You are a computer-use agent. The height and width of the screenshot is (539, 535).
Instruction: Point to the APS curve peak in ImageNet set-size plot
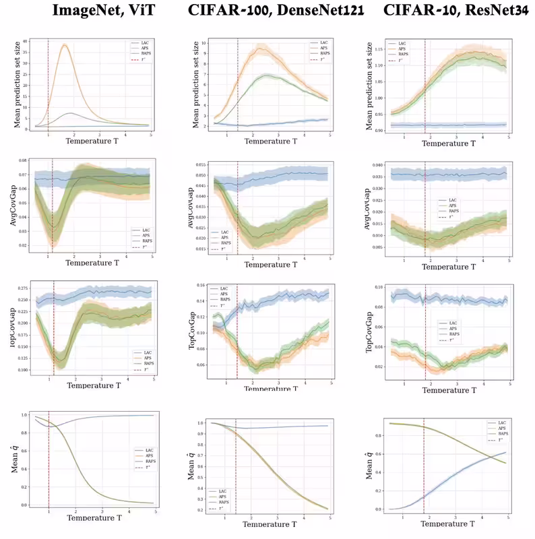tap(65, 45)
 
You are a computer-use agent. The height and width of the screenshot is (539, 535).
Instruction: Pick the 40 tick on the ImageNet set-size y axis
tap(25, 42)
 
